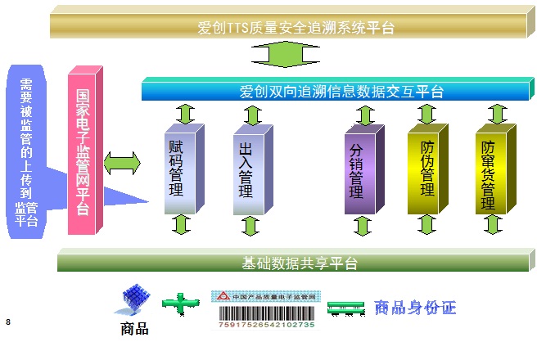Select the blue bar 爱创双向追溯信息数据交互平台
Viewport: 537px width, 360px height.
[x=337, y=89]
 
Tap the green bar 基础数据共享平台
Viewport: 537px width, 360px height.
[x=296, y=260]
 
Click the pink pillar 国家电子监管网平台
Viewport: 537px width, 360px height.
[x=85, y=151]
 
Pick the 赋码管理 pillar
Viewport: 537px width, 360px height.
[x=184, y=169]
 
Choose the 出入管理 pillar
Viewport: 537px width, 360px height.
[x=253, y=169]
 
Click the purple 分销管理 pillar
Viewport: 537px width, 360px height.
[x=364, y=169]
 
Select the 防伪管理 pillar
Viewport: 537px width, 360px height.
[x=428, y=169]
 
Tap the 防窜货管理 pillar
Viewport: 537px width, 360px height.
[x=495, y=169]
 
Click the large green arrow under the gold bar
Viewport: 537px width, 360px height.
[x=285, y=54]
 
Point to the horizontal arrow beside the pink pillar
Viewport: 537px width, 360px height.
[x=122, y=164]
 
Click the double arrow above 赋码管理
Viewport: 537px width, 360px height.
[x=185, y=114]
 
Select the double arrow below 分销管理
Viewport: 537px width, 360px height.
[x=363, y=226]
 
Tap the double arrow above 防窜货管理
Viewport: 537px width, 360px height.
[x=497, y=114]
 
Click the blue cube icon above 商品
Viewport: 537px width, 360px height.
[x=133, y=299]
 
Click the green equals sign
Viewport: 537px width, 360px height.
[x=345, y=308]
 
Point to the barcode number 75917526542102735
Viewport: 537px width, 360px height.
[x=266, y=325]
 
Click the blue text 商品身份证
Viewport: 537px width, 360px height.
[x=415, y=308]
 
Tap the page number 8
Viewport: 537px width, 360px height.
[x=8, y=322]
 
